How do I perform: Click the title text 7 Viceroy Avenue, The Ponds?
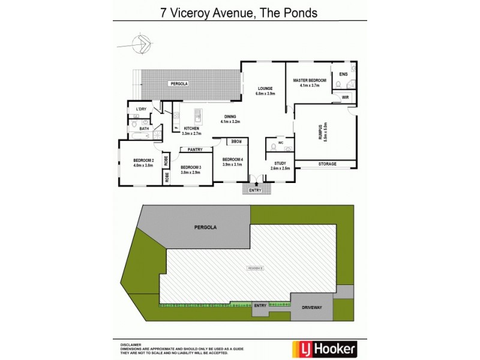click(239, 12)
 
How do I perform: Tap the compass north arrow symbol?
click(142, 44)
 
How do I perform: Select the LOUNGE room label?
click(265, 87)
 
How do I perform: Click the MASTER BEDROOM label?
click(309, 80)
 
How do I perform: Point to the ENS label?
click(343, 74)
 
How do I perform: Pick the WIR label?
click(345, 97)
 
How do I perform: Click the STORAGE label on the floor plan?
click(326, 164)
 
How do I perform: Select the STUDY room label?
click(280, 163)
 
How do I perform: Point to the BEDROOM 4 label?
click(232, 159)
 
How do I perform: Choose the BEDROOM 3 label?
click(190, 167)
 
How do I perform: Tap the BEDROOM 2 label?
click(144, 160)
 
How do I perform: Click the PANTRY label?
click(194, 149)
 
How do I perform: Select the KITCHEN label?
click(191, 128)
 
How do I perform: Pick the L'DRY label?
click(141, 109)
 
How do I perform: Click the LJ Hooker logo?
click(323, 348)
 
